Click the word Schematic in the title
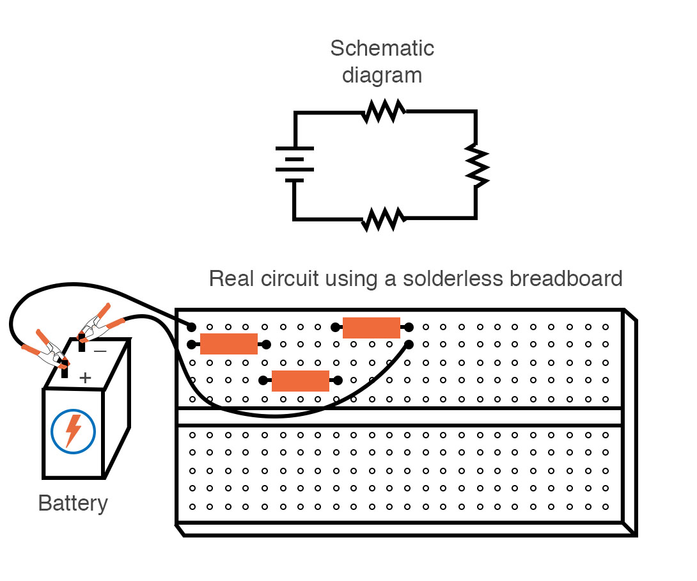(382, 48)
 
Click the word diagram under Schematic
(382, 76)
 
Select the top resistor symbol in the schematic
(384, 111)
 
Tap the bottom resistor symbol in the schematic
(384, 219)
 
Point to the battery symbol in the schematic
(295, 165)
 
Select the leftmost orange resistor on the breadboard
(229, 344)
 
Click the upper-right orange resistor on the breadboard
(372, 328)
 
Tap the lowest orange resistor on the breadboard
(301, 381)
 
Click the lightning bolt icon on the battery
(74, 431)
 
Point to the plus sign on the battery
(85, 378)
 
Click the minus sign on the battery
(100, 351)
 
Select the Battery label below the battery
(73, 503)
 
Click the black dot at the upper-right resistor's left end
(334, 328)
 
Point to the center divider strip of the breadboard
(400, 417)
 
